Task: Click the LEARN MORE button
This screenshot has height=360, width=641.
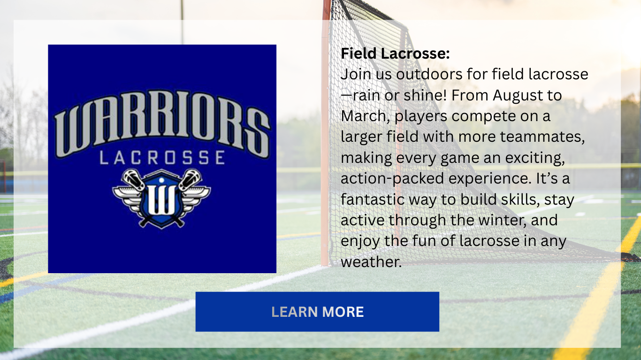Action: (x=317, y=312)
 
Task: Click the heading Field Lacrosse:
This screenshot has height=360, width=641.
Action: (x=395, y=54)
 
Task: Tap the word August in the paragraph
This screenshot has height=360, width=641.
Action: (x=518, y=96)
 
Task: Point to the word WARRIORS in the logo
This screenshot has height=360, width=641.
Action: (x=162, y=123)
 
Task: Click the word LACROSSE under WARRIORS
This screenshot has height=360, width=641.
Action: (x=162, y=158)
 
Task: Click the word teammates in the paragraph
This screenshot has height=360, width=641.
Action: (x=542, y=137)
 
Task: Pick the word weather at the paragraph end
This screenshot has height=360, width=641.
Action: (x=371, y=262)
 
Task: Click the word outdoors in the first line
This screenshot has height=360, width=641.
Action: (x=429, y=75)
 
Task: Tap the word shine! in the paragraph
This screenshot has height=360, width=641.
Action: (x=425, y=95)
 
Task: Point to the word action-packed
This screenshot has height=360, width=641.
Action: (x=392, y=179)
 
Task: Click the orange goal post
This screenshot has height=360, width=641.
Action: (x=325, y=135)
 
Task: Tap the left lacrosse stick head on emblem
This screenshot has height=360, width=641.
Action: (x=132, y=178)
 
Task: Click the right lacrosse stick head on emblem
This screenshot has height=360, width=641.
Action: (x=191, y=178)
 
